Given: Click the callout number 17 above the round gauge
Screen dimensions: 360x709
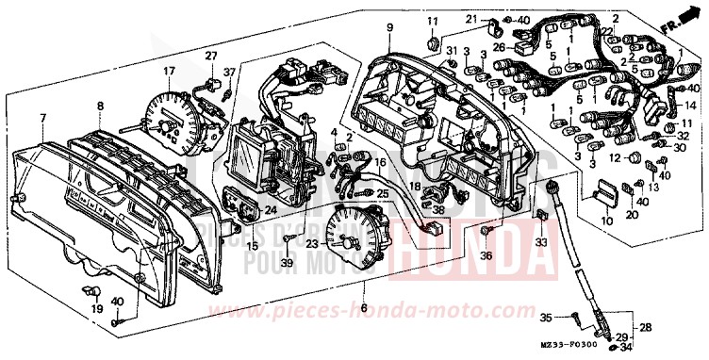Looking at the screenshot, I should click(x=169, y=71).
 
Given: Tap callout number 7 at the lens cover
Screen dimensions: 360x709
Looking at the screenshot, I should click(x=41, y=117).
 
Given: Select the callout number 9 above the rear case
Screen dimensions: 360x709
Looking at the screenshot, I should click(x=387, y=29).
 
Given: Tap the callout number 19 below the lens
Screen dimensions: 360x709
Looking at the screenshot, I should click(x=94, y=308).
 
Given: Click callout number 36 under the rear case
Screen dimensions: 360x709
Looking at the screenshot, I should click(x=486, y=254).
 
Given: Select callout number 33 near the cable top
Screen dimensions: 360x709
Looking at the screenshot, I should click(x=541, y=242).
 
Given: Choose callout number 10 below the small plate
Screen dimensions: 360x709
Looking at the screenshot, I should click(x=606, y=222).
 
